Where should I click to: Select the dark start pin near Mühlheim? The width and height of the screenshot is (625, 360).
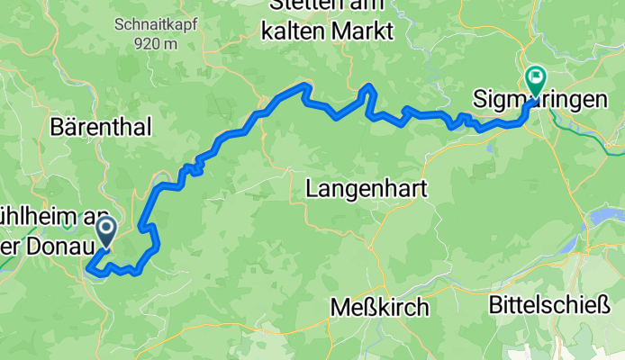[105, 231]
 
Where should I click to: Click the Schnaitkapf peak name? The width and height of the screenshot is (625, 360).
[145, 25]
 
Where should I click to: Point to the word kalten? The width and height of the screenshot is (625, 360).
[291, 32]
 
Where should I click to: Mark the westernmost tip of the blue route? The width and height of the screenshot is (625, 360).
[87, 266]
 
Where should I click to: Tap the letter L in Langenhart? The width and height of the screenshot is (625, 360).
[312, 189]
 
